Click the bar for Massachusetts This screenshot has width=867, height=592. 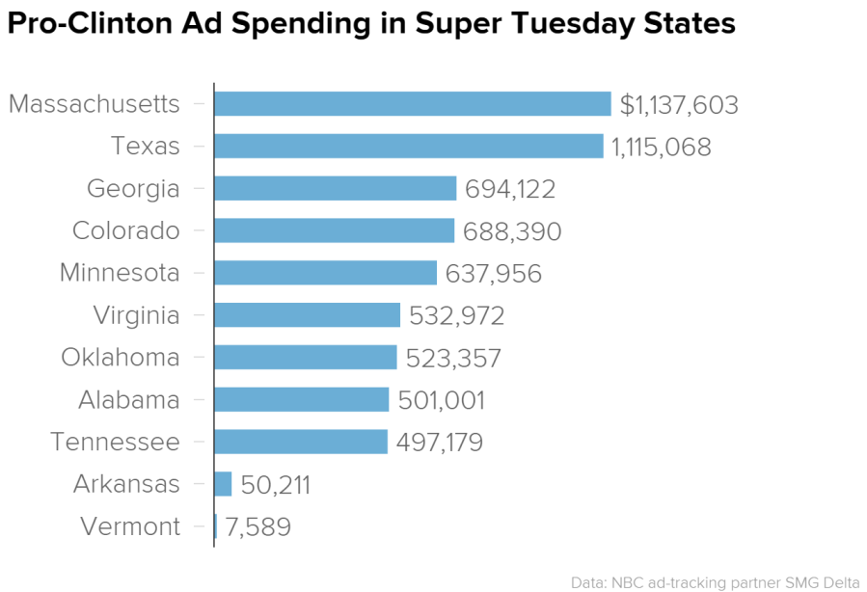coord(413,104)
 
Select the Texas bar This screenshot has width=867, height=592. coord(409,147)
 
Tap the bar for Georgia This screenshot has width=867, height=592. coord(335,189)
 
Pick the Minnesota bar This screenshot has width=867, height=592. coord(325,273)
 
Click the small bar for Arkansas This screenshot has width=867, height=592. coord(223,484)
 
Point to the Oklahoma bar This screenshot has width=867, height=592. coord(305,358)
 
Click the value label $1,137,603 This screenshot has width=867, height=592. coord(679,105)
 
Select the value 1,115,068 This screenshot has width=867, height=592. coord(662,148)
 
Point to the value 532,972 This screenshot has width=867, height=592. coord(457,316)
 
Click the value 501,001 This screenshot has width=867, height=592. coord(441,400)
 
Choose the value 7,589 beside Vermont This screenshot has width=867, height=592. coord(257,527)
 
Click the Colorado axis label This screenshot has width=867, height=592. coord(125,231)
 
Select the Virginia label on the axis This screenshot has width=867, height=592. coord(136,315)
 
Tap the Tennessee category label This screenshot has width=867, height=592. coord(115,443)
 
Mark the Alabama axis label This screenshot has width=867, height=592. coord(128,400)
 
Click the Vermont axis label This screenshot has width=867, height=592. coord(130,527)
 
